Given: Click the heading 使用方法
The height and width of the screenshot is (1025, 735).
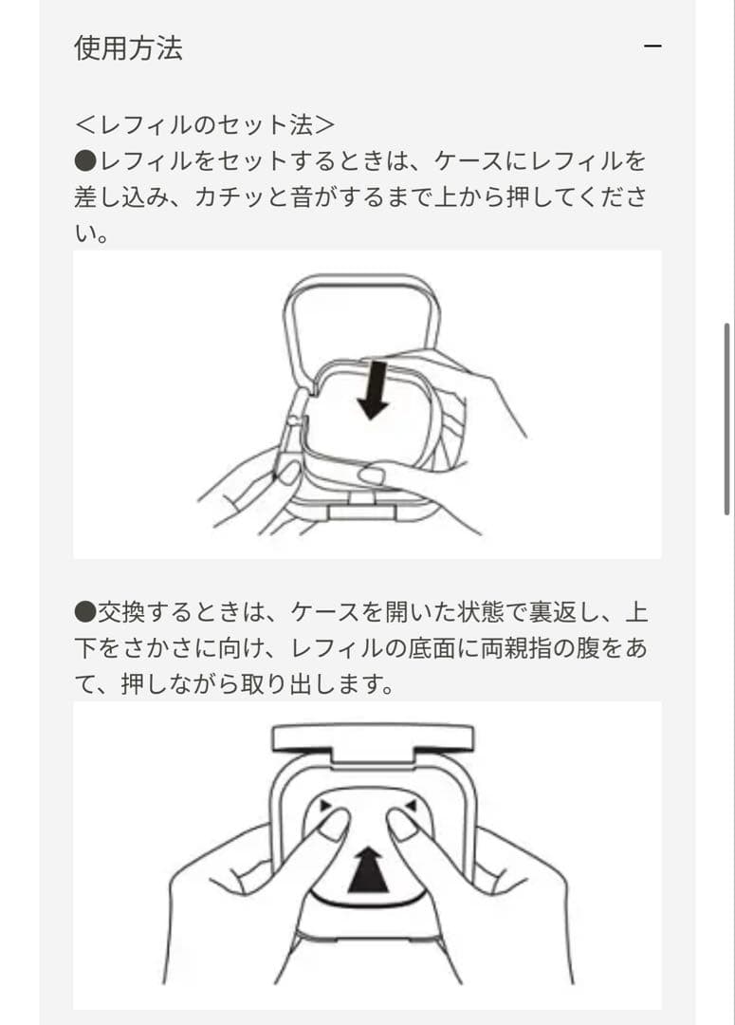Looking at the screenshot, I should click(128, 47).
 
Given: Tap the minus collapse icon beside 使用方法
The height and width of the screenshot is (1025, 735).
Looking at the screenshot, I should click(652, 47).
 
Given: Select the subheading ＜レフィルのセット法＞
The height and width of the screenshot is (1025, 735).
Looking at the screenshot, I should click(205, 124).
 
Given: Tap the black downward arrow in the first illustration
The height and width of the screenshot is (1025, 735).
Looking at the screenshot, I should click(374, 388).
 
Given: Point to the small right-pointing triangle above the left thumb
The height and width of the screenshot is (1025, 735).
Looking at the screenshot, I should click(325, 805).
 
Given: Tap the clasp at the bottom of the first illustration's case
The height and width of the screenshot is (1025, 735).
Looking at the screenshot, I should click(359, 511).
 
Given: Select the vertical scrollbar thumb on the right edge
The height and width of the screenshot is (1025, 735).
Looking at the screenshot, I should click(726, 419).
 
